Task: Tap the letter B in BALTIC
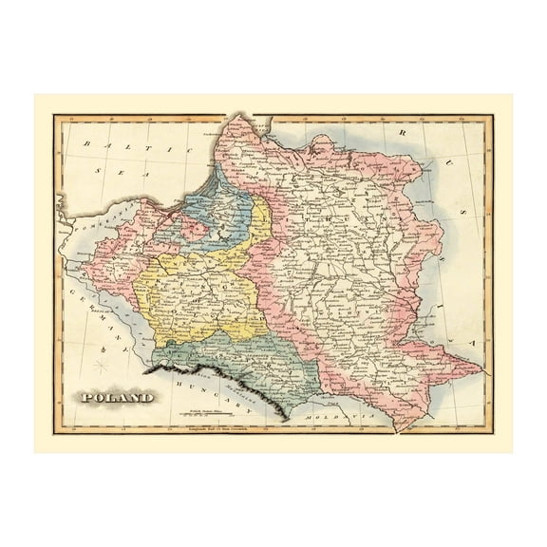point(87,144)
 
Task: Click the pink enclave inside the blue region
point(196,227)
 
